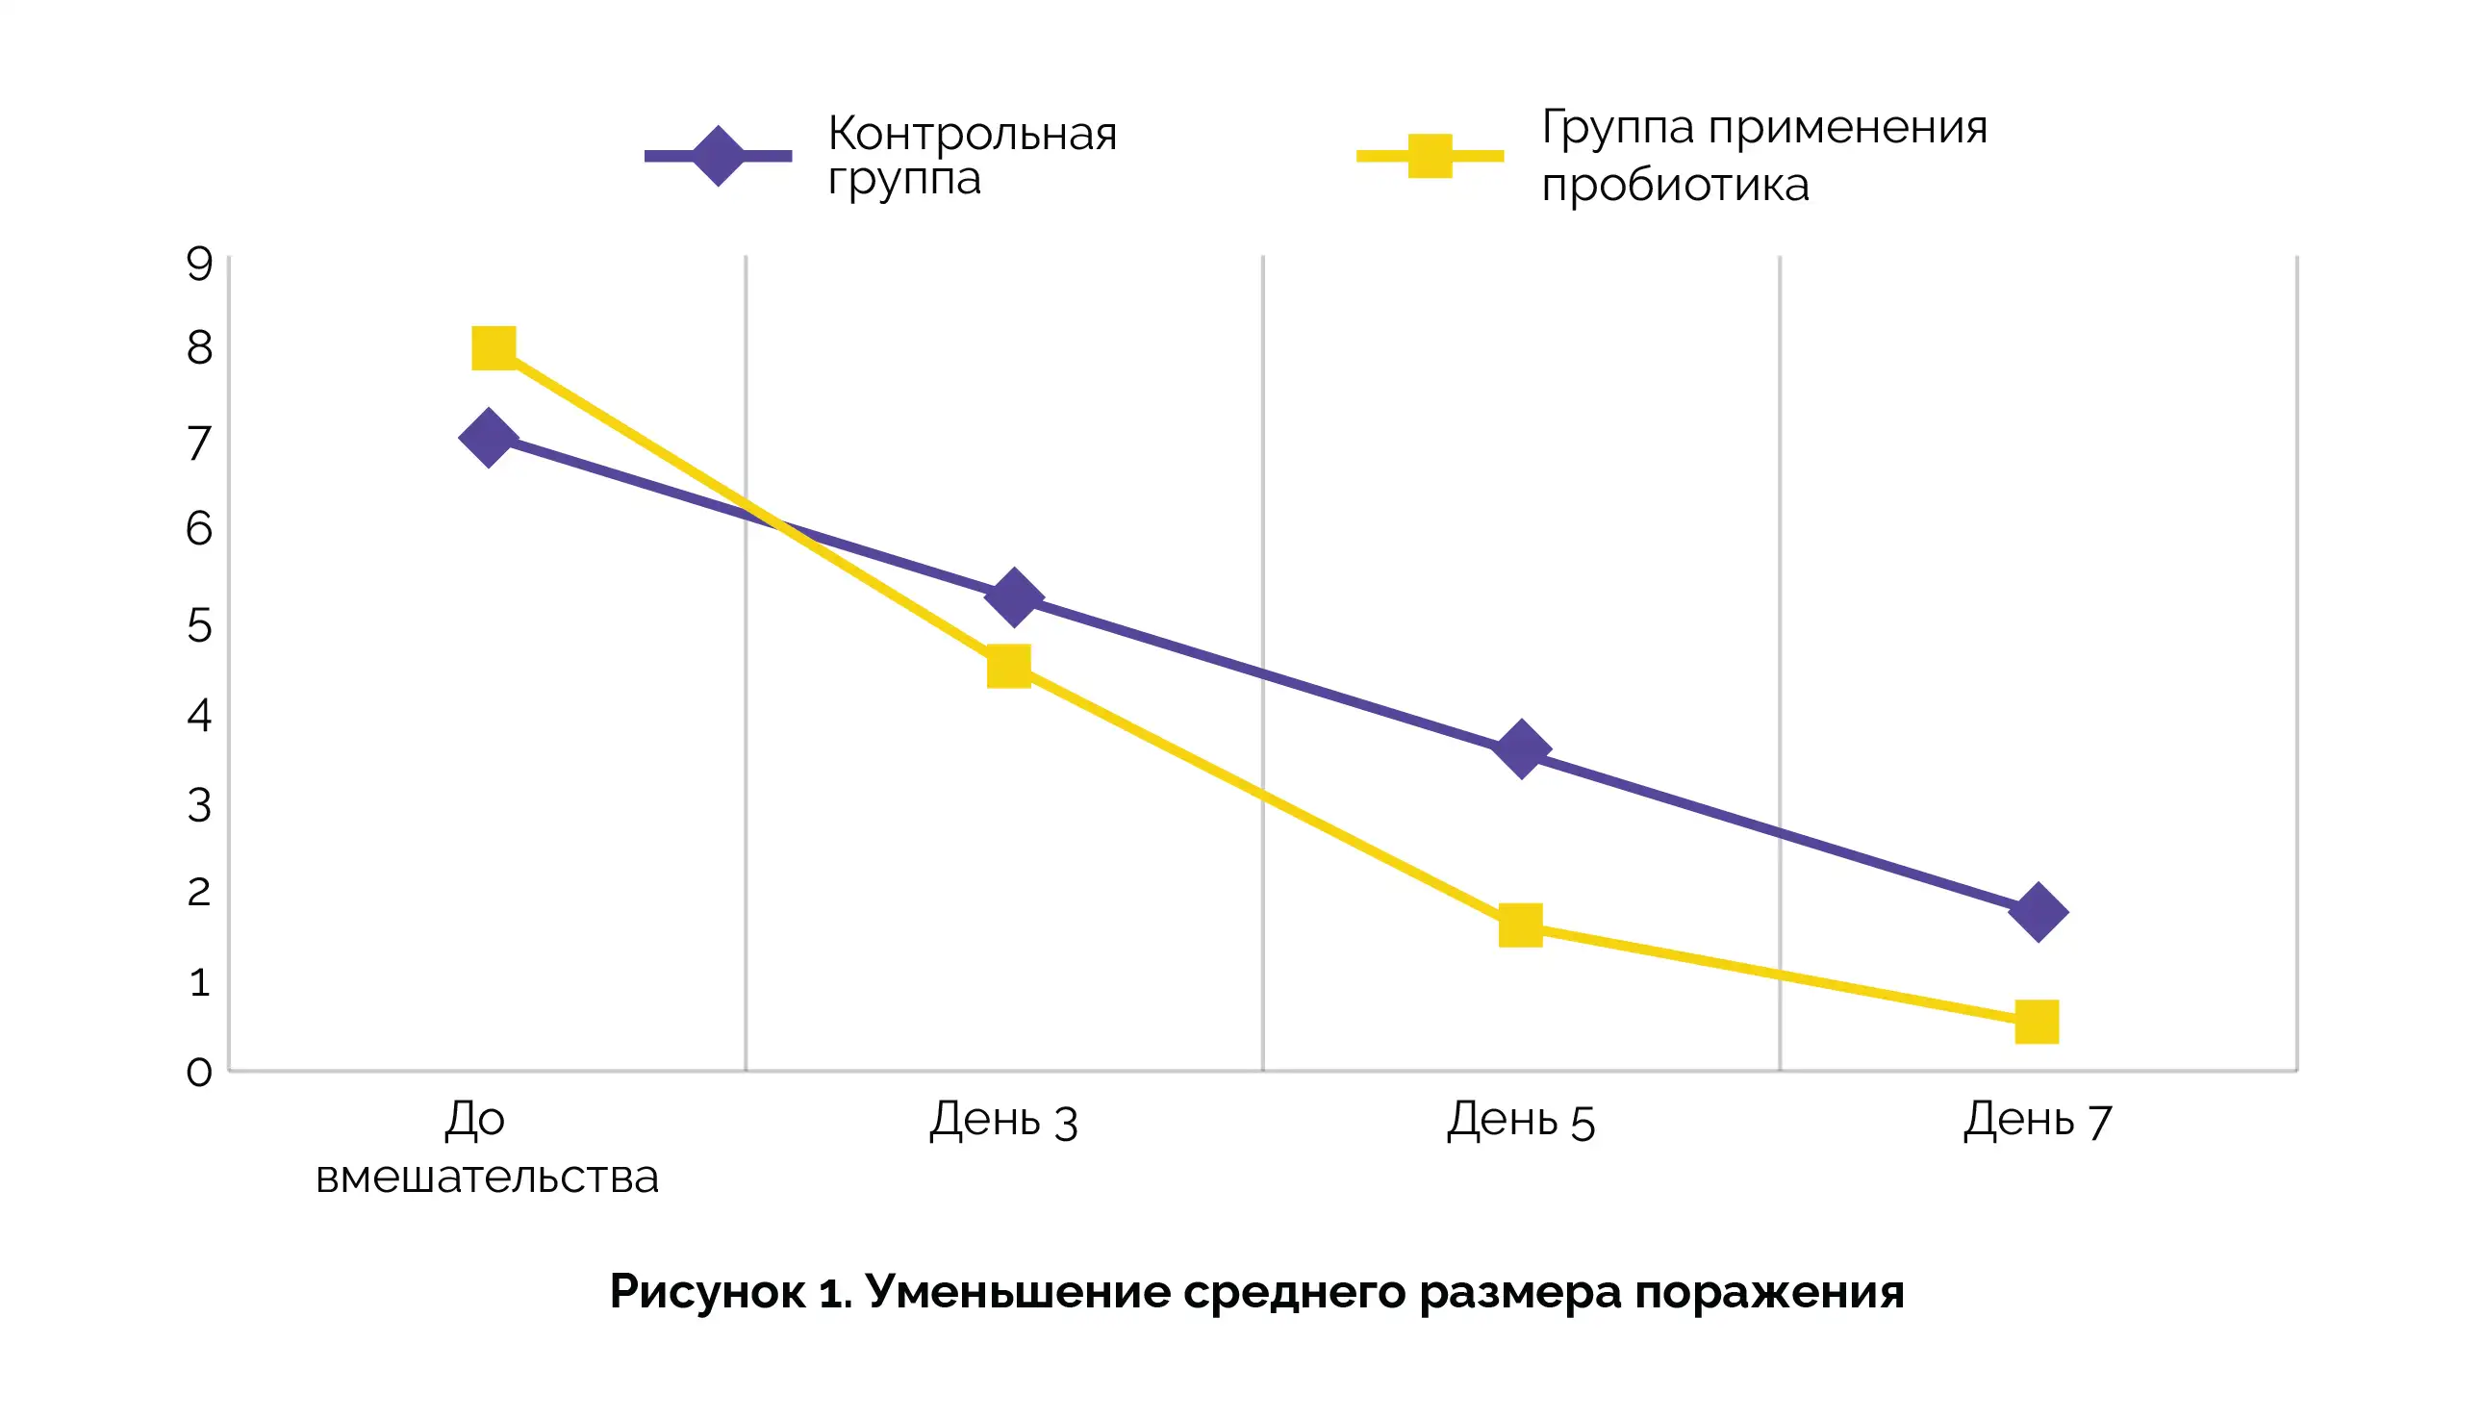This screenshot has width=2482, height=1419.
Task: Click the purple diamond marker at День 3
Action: coord(1013,596)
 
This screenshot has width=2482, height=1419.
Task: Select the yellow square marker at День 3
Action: coord(1008,667)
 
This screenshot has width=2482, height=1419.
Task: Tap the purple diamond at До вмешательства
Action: coord(488,439)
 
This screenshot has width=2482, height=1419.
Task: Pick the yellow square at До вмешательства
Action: coord(494,348)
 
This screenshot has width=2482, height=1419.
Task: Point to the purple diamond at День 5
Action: coord(1521,749)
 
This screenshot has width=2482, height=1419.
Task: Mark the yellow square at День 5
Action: coord(1520,925)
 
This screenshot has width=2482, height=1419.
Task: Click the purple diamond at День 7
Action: coord(2039,912)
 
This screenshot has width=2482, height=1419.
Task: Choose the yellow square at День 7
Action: coord(2037,1023)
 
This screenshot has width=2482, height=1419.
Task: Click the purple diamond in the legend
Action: coord(719,156)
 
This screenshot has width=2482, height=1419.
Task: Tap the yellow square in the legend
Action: coord(1430,156)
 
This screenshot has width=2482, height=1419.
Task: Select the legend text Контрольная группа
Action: coord(972,156)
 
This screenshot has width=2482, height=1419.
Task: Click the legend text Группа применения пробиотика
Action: coord(1763,156)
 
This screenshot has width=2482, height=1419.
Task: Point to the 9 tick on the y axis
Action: coord(199,265)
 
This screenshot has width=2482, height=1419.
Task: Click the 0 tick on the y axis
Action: coord(199,1072)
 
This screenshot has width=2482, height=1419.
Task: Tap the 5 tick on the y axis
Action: coord(199,624)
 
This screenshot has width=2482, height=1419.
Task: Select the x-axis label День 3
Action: coord(1003,1120)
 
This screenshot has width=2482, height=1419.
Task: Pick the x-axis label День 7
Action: coord(2038,1120)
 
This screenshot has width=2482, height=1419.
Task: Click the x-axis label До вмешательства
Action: coord(487,1148)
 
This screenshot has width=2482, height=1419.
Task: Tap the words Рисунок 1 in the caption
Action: coord(731,1292)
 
